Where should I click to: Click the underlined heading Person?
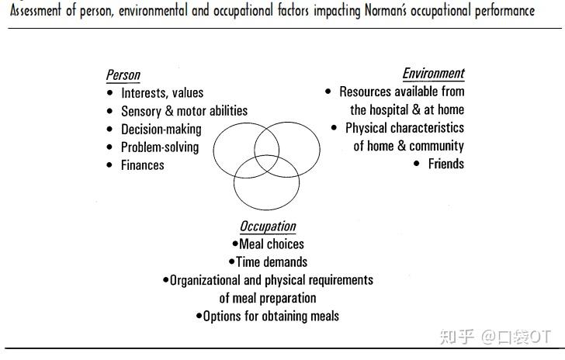[x=123, y=75]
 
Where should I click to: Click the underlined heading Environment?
[x=434, y=74]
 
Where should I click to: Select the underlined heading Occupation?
[x=268, y=227]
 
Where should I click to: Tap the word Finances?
[x=143, y=165]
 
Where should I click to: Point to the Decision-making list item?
[x=161, y=130]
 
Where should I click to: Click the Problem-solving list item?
[x=160, y=147]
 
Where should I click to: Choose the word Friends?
[x=446, y=164]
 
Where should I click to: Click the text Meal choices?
[x=272, y=244]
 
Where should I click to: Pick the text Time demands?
[x=272, y=262]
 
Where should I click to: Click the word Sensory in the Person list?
[x=141, y=112]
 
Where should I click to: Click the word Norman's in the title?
[x=386, y=11]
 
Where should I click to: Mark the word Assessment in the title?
[x=36, y=11]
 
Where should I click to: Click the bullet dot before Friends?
[x=417, y=164]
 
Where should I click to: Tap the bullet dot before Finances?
[x=110, y=165]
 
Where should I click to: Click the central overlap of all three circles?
[x=267, y=163]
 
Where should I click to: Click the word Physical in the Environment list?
[x=366, y=128]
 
